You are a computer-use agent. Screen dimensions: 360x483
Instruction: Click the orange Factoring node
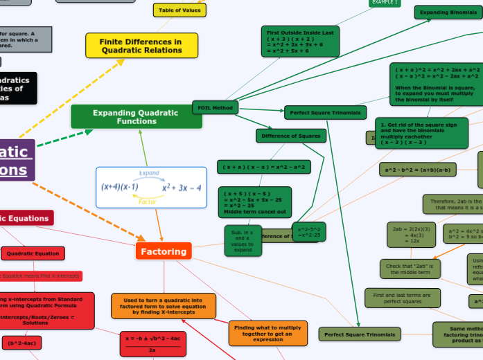coord(164,251)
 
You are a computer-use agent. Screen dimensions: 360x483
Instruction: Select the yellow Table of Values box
coord(179,10)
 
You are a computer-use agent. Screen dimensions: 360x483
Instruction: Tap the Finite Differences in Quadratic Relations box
coord(141,46)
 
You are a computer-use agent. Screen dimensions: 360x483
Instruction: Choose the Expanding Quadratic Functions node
coord(136,117)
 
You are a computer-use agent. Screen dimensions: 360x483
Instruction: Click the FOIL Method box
coord(215,107)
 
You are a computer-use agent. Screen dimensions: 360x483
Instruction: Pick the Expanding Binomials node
coord(448,12)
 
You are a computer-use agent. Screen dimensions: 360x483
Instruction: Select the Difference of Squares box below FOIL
coord(290,136)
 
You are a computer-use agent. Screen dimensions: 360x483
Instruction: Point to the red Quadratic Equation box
coord(33,253)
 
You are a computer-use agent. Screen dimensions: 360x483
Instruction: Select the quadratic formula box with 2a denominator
coord(152,344)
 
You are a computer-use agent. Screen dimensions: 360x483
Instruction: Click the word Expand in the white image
coord(149,172)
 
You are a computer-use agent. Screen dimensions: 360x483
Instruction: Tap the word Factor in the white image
coord(148,202)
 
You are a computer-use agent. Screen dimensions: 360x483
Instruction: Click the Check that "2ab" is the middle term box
coord(410,269)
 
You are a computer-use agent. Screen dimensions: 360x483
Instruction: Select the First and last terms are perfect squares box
coord(402,298)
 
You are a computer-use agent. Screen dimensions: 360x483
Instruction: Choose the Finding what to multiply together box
coord(267,333)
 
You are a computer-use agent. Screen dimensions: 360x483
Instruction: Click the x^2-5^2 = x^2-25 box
coord(308,232)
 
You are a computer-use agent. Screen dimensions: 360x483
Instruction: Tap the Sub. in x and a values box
coord(243,240)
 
